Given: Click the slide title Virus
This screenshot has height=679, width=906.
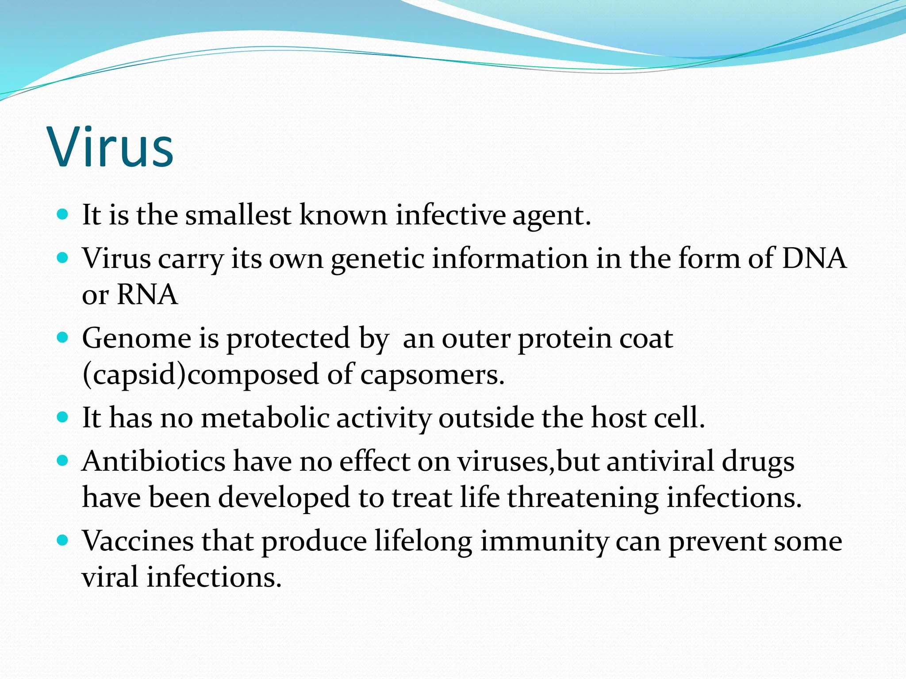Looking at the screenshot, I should (111, 147).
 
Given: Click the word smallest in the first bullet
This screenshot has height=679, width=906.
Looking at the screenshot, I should (238, 215).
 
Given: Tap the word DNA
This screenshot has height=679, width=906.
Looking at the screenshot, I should (814, 258).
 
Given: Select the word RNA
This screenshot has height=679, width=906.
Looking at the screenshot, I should (147, 295).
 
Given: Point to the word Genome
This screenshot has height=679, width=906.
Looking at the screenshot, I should (137, 339).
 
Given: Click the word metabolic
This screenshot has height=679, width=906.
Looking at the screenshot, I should (265, 418).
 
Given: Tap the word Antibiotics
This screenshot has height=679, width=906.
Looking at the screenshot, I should (154, 462).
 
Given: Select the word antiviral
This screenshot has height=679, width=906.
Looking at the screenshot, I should (660, 462).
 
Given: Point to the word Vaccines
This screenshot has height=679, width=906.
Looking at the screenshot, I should (138, 541).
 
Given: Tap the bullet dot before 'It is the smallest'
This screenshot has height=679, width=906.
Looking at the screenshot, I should (63, 215).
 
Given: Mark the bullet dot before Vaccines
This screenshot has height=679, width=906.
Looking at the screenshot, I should (63, 540).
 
